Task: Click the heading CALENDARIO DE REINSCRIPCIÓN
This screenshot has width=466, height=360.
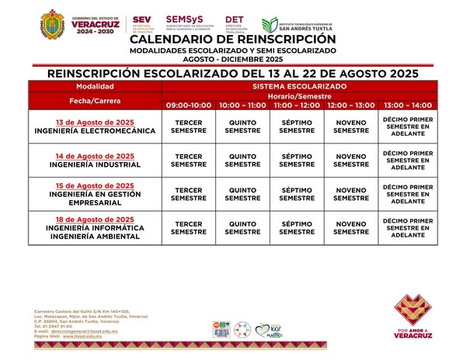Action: click(x=233, y=39)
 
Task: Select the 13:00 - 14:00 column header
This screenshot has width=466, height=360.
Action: click(x=408, y=105)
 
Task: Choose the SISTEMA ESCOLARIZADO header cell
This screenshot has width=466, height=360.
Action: click(x=298, y=86)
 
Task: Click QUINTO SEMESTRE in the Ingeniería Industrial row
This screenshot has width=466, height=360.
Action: click(x=242, y=161)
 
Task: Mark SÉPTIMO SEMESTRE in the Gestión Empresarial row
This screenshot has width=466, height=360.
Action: click(x=297, y=194)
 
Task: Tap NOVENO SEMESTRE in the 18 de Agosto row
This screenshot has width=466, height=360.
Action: click(x=351, y=227)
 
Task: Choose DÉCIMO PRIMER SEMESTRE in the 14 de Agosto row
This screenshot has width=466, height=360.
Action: click(x=408, y=161)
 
